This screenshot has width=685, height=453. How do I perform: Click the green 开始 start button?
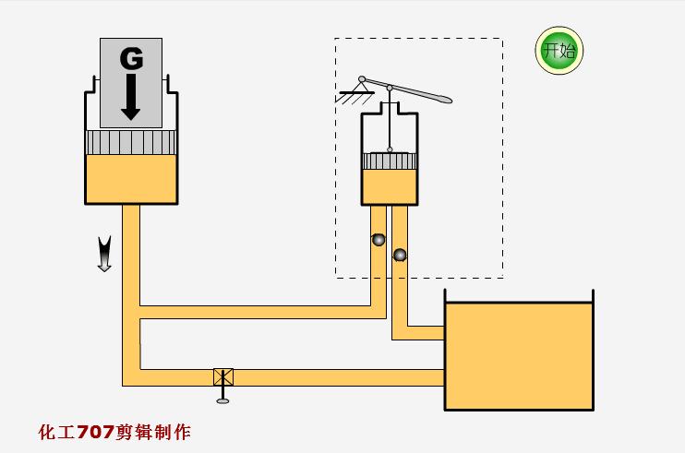click(x=559, y=51)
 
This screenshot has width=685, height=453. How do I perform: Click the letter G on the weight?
click(x=131, y=59)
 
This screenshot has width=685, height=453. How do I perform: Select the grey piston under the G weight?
click(x=130, y=142)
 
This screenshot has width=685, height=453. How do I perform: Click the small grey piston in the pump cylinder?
click(x=390, y=161)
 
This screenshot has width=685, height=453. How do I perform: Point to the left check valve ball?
click(x=378, y=240)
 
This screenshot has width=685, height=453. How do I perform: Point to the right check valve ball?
click(x=400, y=254)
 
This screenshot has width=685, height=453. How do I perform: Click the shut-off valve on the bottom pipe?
click(x=223, y=376)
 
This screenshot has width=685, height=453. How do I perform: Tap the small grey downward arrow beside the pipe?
click(x=104, y=254)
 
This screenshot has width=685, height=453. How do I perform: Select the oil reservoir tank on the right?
click(x=518, y=355)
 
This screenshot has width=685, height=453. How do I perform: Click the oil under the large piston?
click(x=130, y=179)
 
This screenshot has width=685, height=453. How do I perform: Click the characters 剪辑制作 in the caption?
click(x=154, y=432)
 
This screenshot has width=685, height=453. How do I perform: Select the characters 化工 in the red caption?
click(x=57, y=432)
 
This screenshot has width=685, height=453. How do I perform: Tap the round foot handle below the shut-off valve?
click(x=222, y=399)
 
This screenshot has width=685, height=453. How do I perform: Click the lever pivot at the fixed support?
click(x=363, y=79)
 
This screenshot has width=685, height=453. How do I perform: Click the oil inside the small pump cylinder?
click(x=390, y=186)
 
